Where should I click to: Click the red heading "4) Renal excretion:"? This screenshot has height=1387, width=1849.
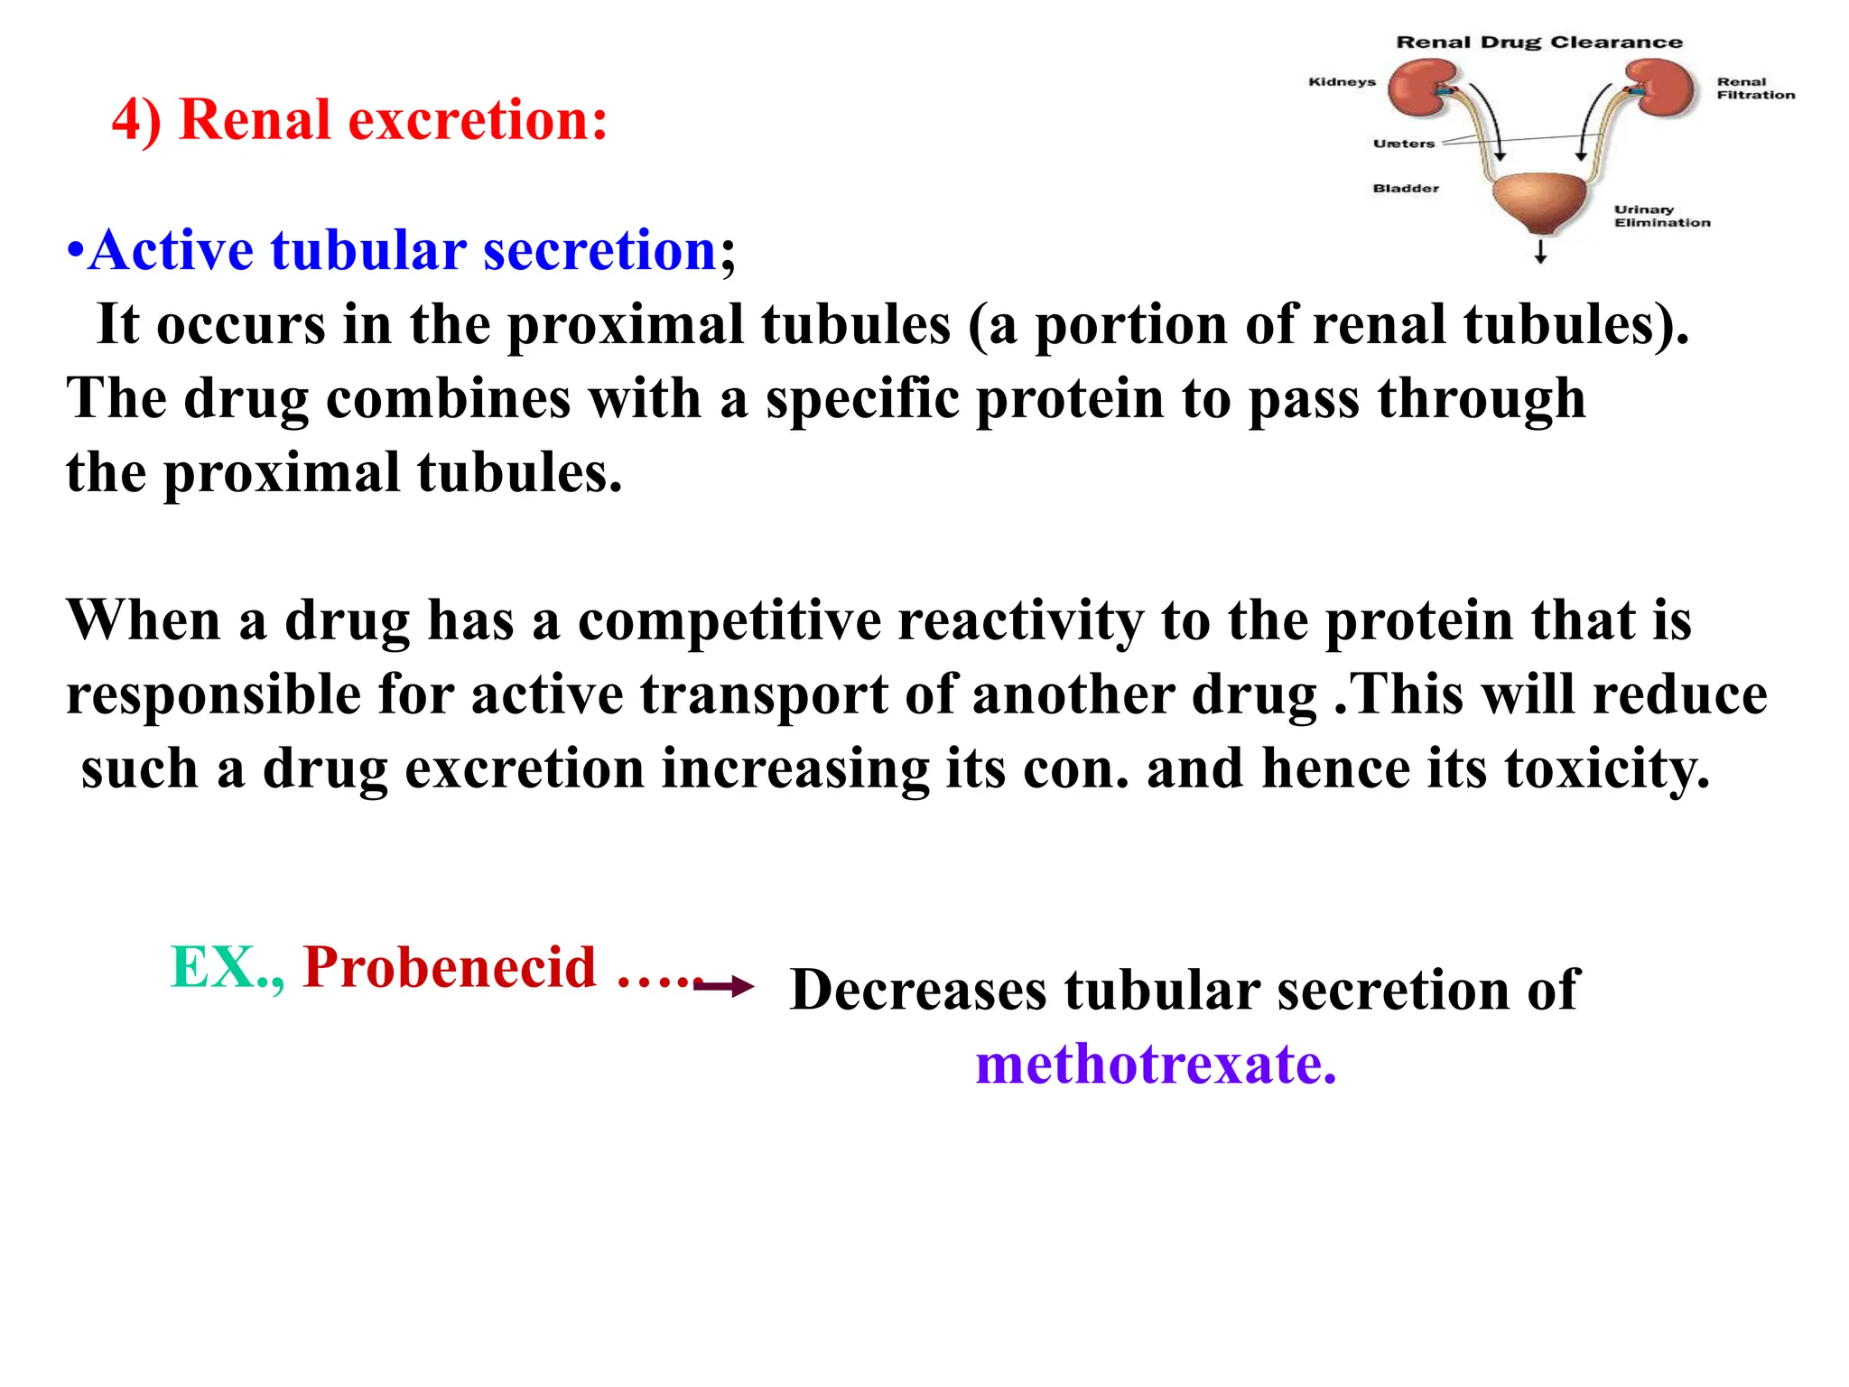click(x=359, y=119)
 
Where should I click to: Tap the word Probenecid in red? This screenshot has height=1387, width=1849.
click(x=450, y=968)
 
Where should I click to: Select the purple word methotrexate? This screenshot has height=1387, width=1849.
click(x=1155, y=1064)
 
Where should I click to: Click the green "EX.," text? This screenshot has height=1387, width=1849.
click(x=227, y=968)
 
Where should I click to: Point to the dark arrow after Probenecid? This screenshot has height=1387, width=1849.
click(x=724, y=986)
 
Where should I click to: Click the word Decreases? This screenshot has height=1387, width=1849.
click(x=917, y=990)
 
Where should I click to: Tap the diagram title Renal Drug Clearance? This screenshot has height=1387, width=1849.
click(x=1539, y=42)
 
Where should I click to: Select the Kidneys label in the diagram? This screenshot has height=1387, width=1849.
click(x=1342, y=82)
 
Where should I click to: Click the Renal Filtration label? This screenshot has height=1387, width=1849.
click(x=1755, y=88)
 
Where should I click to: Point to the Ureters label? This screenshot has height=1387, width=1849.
click(x=1403, y=144)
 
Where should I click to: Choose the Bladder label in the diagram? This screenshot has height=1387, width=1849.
click(x=1406, y=189)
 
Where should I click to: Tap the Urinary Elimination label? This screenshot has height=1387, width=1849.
click(x=1662, y=217)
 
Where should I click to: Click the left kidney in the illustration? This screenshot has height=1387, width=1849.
click(x=1422, y=88)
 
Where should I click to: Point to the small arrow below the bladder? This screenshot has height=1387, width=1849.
click(x=1540, y=251)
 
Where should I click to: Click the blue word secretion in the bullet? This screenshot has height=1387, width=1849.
click(x=599, y=250)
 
